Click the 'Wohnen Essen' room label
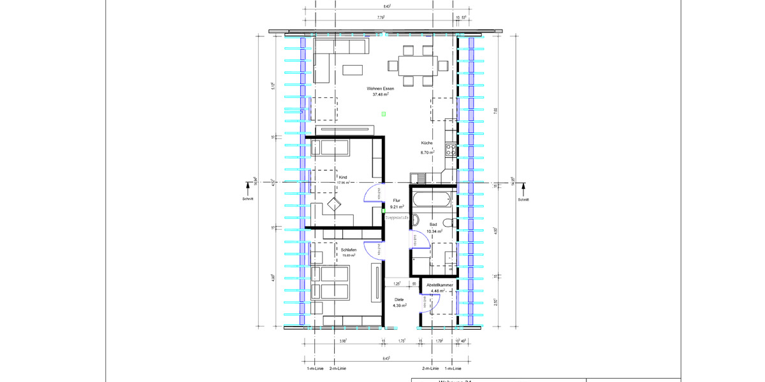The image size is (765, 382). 380,88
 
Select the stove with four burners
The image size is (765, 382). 451,150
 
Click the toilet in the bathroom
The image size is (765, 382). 449,223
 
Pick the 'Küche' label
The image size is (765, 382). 426,143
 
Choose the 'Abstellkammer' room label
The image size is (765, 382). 440,285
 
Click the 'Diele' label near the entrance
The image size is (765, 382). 399,299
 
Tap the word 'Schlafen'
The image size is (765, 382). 349,250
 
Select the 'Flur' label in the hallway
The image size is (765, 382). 397,200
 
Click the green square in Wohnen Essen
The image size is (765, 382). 384,114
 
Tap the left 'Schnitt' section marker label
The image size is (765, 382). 248,199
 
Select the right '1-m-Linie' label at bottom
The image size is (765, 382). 453,368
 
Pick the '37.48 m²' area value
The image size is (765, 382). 381,95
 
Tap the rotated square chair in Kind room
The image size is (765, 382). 334,204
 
